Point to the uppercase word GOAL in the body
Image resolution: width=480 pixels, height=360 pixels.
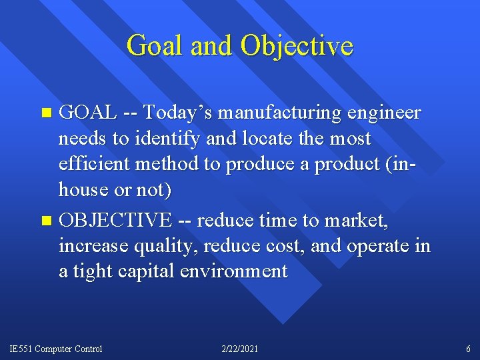click(89, 113)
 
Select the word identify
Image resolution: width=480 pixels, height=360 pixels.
click(160, 139)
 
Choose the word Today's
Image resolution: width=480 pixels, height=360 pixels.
click(176, 113)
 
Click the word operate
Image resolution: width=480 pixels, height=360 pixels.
click(377, 247)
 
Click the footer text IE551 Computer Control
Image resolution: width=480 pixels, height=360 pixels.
click(56, 349)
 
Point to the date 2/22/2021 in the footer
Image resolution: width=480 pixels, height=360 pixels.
click(239, 349)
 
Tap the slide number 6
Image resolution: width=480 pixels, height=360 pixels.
click(468, 349)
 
